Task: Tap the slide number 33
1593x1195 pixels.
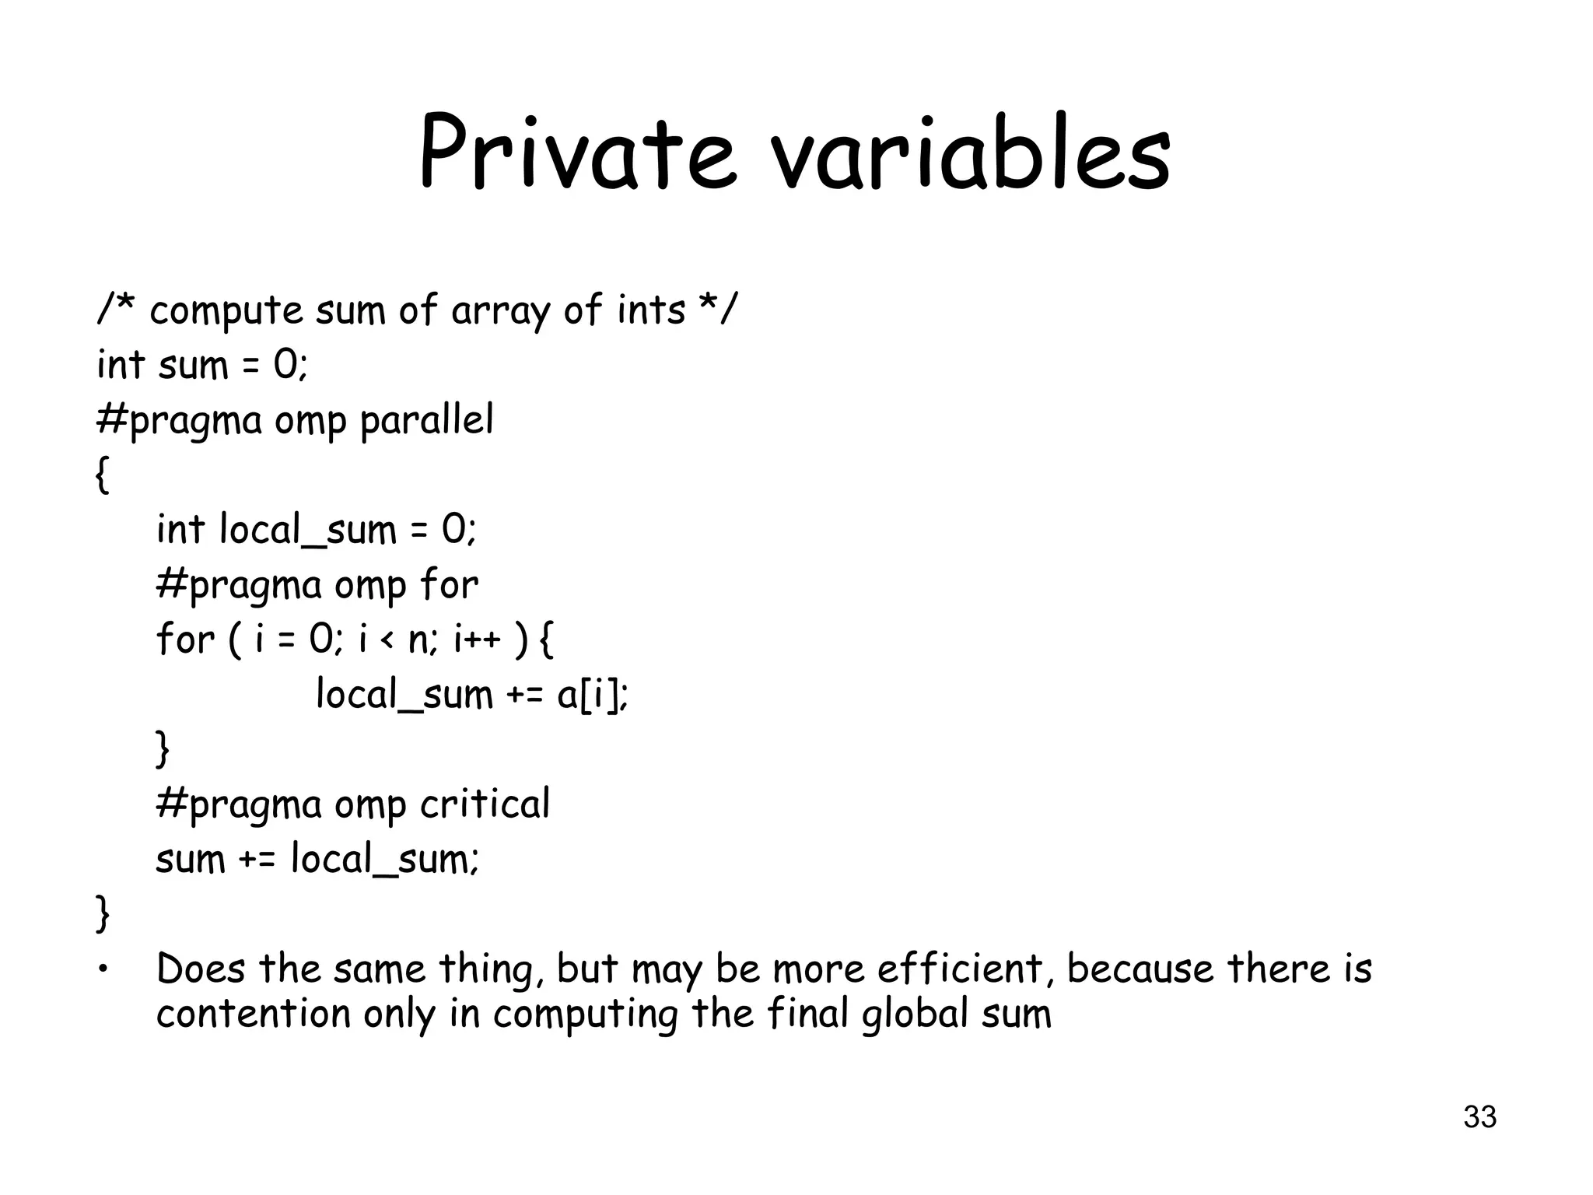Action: pos(1479,1117)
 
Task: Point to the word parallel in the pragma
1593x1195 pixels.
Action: pos(426,421)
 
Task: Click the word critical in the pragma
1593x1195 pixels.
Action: pos(485,804)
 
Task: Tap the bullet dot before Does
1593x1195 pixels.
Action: pos(102,969)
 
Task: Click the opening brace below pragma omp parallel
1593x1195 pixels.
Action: pos(102,475)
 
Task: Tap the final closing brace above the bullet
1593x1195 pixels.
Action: pos(102,913)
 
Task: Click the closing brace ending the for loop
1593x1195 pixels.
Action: pos(163,749)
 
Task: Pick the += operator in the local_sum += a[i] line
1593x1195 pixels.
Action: pos(525,695)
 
